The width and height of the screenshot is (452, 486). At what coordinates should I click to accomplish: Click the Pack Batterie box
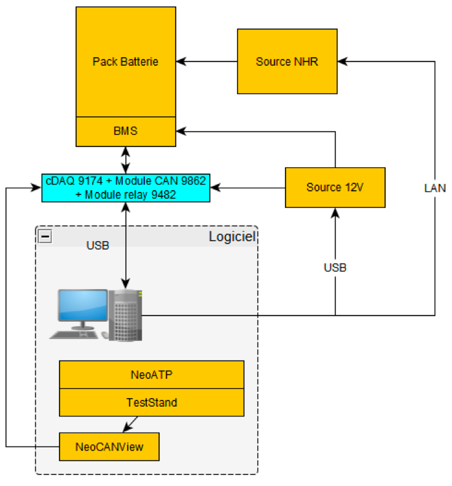click(x=125, y=62)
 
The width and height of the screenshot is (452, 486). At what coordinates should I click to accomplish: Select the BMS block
click(x=125, y=131)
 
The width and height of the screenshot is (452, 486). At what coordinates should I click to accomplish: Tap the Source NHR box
click(x=287, y=62)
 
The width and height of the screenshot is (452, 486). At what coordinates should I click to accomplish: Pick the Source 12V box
click(x=335, y=187)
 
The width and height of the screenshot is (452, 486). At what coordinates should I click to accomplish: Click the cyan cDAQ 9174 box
click(x=126, y=187)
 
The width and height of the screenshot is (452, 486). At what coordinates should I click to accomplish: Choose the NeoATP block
click(x=151, y=374)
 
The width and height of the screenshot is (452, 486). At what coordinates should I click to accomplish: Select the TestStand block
click(x=151, y=402)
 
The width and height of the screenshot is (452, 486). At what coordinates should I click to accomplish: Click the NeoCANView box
click(x=109, y=446)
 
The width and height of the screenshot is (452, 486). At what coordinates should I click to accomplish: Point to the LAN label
click(x=435, y=188)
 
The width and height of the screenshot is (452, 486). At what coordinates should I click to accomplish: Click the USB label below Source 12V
click(x=335, y=268)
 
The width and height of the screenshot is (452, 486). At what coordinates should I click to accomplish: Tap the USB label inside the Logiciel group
click(x=98, y=245)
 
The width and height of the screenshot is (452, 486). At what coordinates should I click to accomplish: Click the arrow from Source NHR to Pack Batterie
click(x=209, y=62)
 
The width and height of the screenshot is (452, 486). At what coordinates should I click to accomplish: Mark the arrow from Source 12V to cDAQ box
click(x=248, y=187)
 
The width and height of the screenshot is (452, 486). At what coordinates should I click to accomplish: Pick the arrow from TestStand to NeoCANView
click(x=130, y=423)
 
